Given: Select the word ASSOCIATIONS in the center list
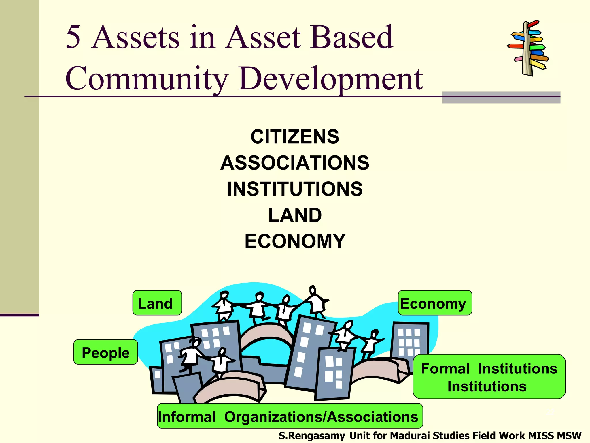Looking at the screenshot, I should (x=295, y=163).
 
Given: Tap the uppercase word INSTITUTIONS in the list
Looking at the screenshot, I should (x=295, y=189).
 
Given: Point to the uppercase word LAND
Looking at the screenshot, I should (x=295, y=215).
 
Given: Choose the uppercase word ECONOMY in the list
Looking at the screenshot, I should (x=295, y=241).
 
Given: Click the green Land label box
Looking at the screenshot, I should (x=157, y=303).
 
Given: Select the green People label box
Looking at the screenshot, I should (x=106, y=352).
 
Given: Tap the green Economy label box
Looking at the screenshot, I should (x=435, y=303).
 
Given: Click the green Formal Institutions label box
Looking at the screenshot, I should (x=489, y=377).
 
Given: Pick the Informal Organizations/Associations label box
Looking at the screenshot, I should (x=290, y=416).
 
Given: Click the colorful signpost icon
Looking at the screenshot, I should (x=528, y=48).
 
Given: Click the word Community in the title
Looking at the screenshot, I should (x=147, y=78).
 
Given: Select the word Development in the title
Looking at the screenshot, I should (x=331, y=78).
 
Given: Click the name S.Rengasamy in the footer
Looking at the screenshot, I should (x=311, y=436).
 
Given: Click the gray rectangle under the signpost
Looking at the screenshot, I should (x=501, y=97).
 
